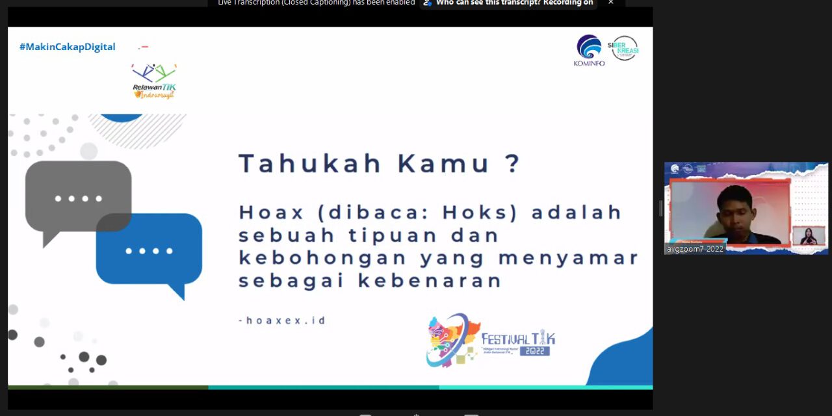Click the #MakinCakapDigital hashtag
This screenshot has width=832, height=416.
[67, 47]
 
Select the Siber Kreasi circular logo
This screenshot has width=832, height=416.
[623, 48]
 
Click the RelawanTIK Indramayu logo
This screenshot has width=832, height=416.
[154, 81]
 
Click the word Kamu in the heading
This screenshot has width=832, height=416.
[444, 163]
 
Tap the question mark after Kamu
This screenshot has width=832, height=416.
[512, 163]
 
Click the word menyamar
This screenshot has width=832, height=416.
[569, 258]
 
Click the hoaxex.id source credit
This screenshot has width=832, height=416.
[282, 320]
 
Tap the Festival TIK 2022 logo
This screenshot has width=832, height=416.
[491, 340]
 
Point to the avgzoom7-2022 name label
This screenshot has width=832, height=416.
[695, 249]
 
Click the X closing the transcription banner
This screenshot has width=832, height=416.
[610, 3]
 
